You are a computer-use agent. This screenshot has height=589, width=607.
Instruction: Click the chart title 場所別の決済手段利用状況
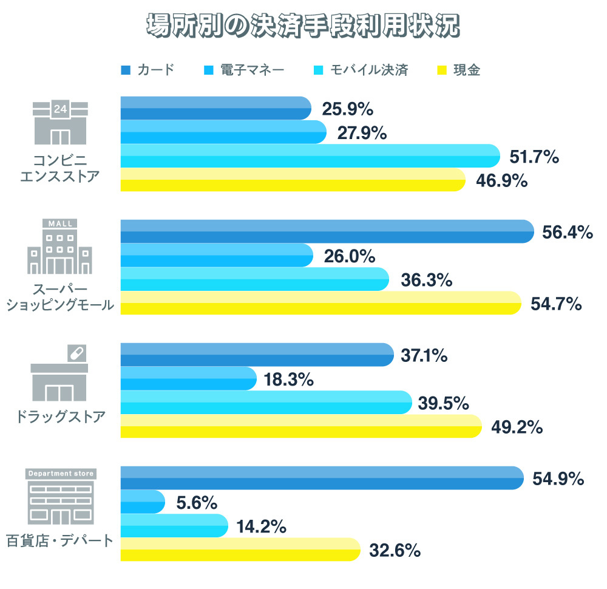tap(303, 26)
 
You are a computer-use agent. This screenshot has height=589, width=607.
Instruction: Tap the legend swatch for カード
tap(126, 70)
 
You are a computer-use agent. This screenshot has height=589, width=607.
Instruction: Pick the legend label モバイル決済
tap(369, 70)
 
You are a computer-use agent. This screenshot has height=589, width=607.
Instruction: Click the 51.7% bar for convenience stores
tap(310, 156)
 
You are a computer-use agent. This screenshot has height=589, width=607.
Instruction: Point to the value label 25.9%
tap(347, 109)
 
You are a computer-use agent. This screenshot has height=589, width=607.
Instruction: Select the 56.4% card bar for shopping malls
tap(327, 231)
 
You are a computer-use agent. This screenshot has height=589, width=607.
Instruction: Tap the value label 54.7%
tap(556, 304)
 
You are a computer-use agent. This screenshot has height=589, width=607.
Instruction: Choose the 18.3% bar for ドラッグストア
tap(188, 378)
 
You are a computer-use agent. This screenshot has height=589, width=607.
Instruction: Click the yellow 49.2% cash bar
tap(300, 426)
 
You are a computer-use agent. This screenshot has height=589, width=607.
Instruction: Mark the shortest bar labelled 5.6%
tap(142, 502)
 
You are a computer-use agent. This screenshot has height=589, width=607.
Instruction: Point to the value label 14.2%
tap(262, 526)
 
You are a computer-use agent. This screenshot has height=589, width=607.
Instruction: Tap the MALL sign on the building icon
tap(60, 223)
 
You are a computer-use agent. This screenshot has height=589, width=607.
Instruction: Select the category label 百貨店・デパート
tap(59, 540)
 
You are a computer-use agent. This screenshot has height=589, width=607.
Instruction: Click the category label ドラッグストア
tap(59, 417)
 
